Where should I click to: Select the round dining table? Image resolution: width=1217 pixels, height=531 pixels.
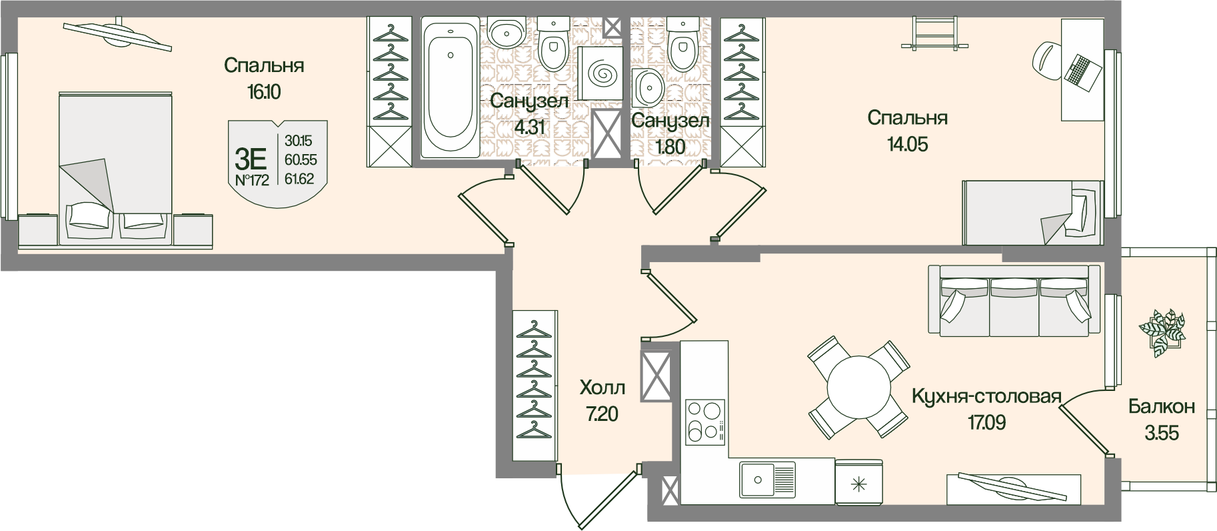coord(858,386)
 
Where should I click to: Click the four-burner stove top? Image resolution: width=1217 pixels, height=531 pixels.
coord(705,421)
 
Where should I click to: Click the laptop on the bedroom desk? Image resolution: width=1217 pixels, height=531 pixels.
coord(1083,69)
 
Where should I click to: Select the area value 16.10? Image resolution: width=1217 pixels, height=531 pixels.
coord(264,91)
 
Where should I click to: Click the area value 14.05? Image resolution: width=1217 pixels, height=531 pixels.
coord(907,143)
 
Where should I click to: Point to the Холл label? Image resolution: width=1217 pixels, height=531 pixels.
coord(603,388)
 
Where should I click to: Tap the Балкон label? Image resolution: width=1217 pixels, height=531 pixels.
coord(1161,406)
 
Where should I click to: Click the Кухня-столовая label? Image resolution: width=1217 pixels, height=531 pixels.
coord(986,398)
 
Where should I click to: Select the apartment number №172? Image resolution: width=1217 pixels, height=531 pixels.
coord(252,179)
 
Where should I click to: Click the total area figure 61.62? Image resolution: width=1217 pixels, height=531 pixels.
coord(300,178)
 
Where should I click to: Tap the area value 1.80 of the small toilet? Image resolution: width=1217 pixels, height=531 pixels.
coord(670,147)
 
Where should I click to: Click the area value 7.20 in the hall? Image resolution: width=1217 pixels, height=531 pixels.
coord(602,414)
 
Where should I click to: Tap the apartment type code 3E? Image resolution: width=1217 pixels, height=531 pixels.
coord(251,159)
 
